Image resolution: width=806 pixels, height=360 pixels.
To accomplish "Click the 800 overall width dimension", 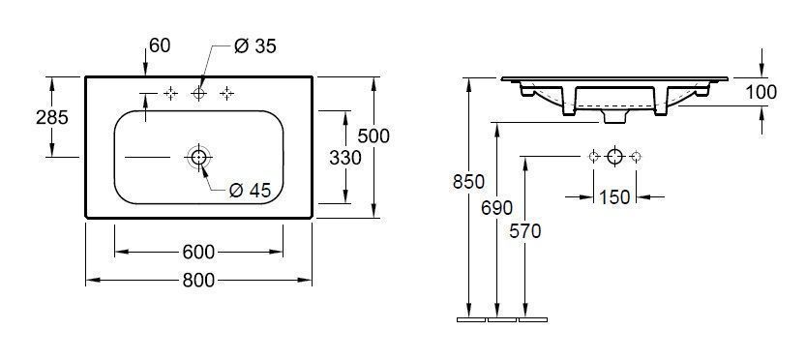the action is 198,281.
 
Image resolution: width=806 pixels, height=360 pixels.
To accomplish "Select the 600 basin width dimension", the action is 198,252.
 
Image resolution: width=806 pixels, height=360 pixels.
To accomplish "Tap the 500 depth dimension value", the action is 373,136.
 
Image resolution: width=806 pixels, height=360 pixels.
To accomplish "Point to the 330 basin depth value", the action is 345,158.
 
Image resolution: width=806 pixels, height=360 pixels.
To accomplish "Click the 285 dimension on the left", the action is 52,118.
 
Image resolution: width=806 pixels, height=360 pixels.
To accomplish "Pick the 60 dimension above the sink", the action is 160,45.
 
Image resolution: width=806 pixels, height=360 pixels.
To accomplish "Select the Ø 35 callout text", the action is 255,46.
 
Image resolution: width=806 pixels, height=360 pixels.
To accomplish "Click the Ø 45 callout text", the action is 250,191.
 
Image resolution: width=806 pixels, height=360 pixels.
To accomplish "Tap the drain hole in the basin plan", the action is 198,157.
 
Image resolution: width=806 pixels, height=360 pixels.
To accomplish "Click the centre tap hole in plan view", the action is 198,94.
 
